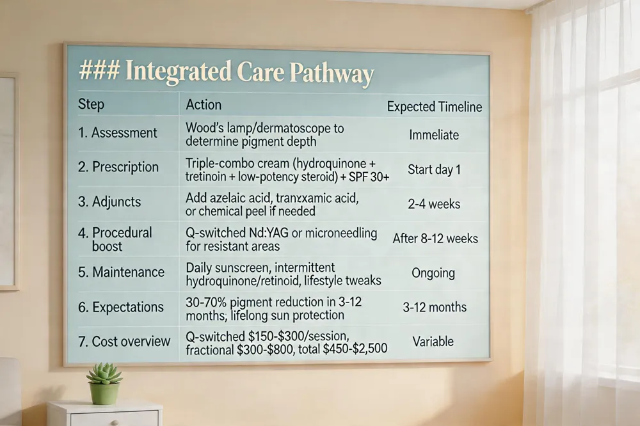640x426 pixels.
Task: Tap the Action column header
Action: [204, 105]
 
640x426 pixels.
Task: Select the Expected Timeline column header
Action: [435, 107]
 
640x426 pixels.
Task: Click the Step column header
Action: [91, 104]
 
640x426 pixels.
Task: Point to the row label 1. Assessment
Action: [118, 132]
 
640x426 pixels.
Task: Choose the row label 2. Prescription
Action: [118, 167]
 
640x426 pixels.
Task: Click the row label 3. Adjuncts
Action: [109, 201]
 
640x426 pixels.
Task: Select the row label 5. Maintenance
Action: [121, 272]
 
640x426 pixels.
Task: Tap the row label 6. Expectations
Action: [121, 307]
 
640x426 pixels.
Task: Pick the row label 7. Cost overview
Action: [124, 341]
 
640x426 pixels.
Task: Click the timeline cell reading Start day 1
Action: [435, 170]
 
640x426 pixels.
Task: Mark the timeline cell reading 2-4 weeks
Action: [434, 204]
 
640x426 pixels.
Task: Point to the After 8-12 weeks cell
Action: [435, 239]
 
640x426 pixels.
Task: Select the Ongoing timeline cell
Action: [433, 273]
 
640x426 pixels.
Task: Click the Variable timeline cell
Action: [433, 342]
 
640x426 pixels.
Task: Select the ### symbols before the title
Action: [99, 70]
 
